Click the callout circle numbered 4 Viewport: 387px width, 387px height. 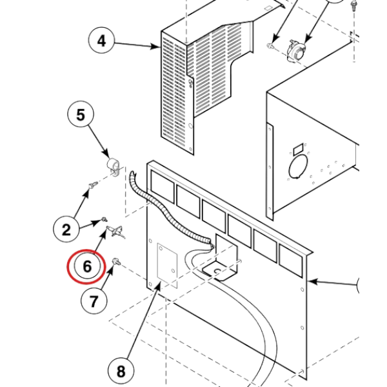click(101, 40)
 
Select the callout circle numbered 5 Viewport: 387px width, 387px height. click(81, 114)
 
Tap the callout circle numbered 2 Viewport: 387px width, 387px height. click(66, 229)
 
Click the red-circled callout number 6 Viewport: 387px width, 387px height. click(87, 266)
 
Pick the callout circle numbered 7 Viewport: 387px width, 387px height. click(94, 301)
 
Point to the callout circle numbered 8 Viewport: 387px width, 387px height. click(121, 371)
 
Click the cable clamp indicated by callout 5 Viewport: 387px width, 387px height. click(114, 166)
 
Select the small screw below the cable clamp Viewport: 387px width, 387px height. click(94, 184)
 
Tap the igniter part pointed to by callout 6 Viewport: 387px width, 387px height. click(115, 232)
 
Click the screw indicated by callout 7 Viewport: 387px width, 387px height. click(116, 262)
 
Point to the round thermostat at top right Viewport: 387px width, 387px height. click(296, 51)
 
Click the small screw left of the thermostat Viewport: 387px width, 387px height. click(270, 45)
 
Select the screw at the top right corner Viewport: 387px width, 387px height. click(353, 5)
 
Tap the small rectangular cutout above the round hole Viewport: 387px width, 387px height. click(298, 149)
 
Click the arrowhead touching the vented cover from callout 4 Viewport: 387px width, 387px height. click(156, 46)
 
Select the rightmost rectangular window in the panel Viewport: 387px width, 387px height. click(291, 260)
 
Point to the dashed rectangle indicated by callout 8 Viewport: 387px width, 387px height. click(167, 266)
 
